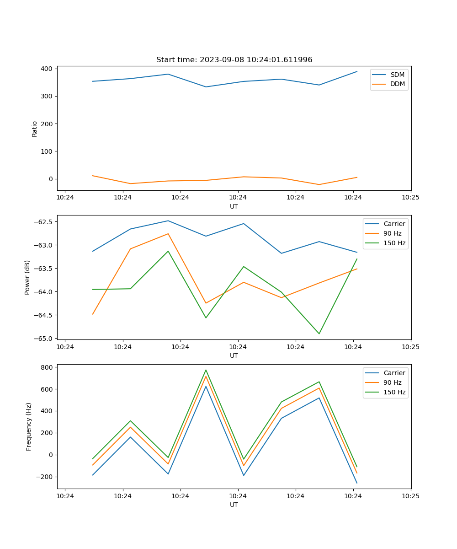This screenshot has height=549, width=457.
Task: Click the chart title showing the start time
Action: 234,60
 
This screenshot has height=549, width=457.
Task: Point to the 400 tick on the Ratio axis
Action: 48,69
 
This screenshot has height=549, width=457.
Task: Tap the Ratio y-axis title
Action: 35,129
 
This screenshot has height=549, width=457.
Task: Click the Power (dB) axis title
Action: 27,277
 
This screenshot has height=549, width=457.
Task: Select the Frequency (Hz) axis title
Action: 28,426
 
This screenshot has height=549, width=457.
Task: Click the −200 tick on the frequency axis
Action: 46,477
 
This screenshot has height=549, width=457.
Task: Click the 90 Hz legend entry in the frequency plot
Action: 393,382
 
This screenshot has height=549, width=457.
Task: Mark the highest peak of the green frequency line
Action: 206,370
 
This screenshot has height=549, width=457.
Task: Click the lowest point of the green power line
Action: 319,334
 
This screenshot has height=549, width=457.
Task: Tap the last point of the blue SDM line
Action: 357,71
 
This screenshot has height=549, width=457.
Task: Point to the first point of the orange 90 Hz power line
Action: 93,314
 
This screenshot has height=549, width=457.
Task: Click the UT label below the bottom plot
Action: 234,505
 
